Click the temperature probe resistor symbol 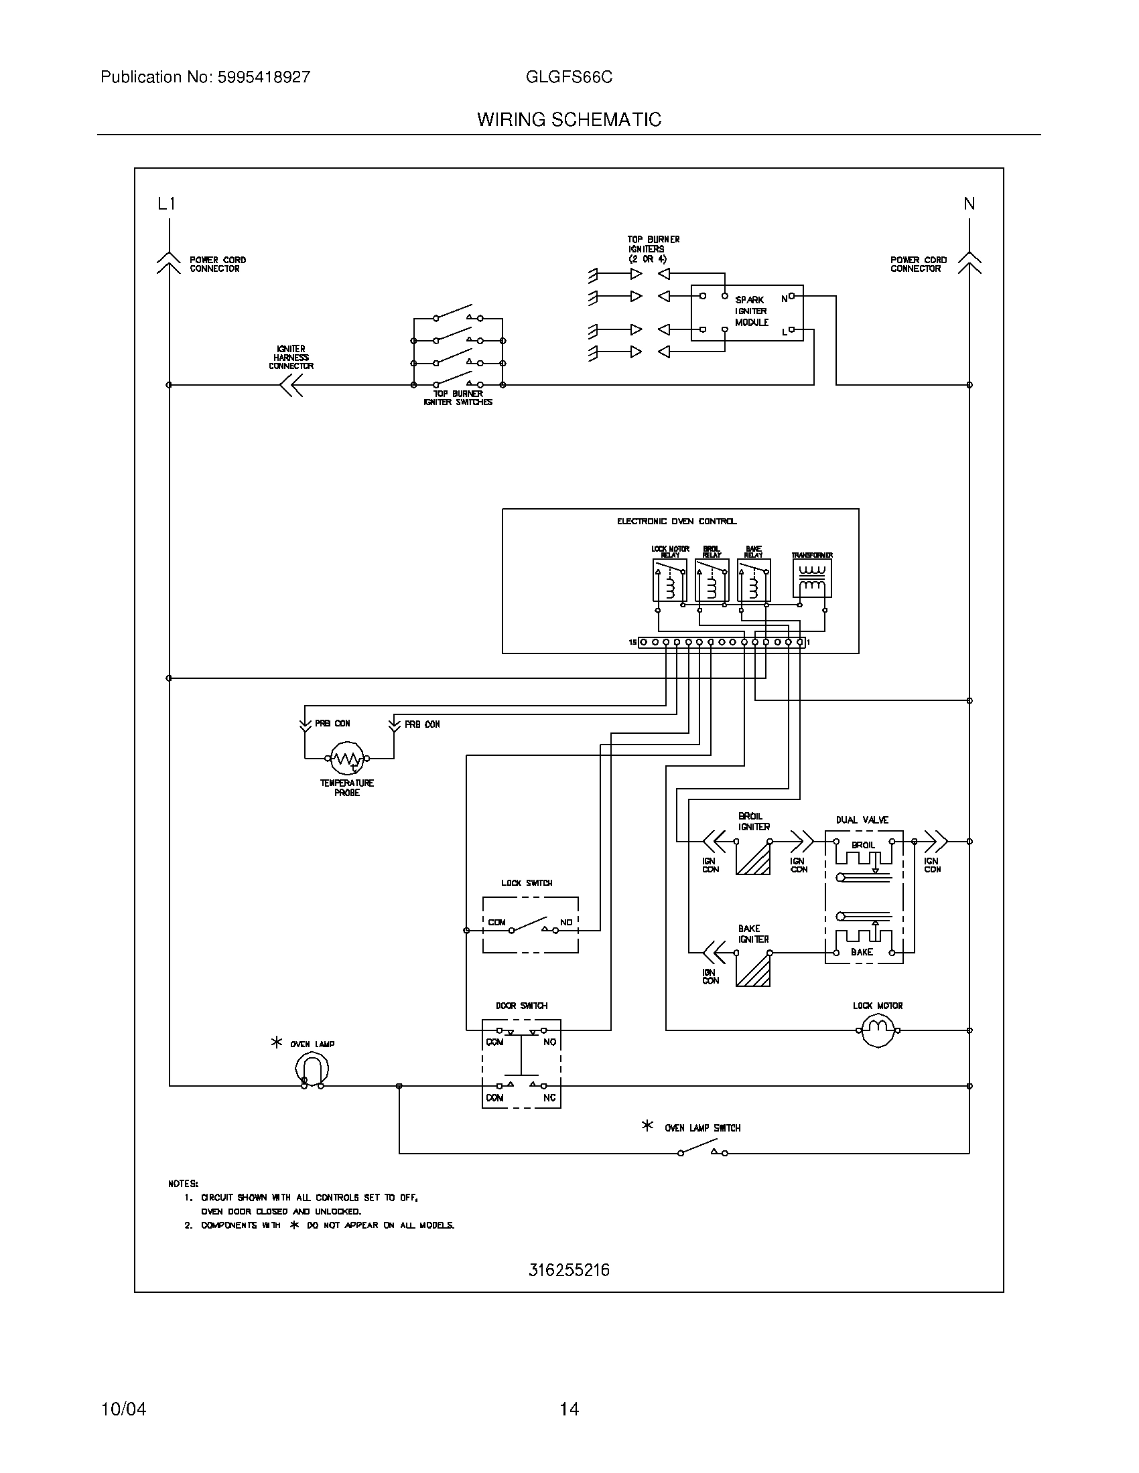point(348,758)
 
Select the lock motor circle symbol point(878,1030)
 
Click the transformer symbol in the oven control point(812,578)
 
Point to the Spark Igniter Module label point(752,311)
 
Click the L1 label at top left point(166,203)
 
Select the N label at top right point(969,203)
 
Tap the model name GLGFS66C point(569,77)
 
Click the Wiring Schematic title point(569,119)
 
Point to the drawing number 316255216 point(569,1270)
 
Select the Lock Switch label point(527,883)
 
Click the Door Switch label point(521,1006)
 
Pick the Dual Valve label point(862,820)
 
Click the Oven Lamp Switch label point(701,1128)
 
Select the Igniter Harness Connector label point(291,358)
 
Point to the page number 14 point(569,1409)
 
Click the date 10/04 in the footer point(123,1409)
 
